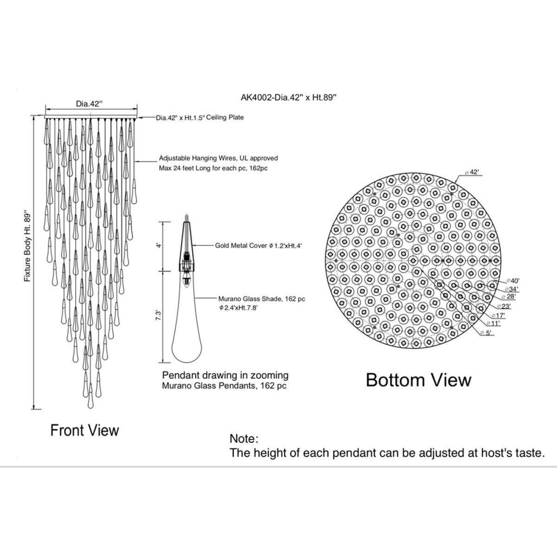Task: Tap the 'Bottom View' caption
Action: click(x=419, y=380)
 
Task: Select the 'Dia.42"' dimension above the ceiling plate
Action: click(x=89, y=104)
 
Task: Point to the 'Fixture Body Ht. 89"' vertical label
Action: click(x=27, y=246)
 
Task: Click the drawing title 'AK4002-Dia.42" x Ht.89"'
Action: click(x=289, y=97)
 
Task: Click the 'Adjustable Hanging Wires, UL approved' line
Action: click(x=218, y=158)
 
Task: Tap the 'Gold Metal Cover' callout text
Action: click(x=241, y=246)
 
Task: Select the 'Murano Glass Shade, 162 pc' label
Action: click(x=262, y=299)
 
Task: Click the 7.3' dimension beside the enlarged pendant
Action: click(x=158, y=315)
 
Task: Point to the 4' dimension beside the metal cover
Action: click(x=158, y=246)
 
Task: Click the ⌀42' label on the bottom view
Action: click(x=472, y=172)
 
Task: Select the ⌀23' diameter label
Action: click(x=504, y=306)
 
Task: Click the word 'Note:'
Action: click(x=244, y=439)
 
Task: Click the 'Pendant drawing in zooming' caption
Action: click(x=225, y=375)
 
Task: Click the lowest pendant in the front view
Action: click(x=91, y=396)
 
